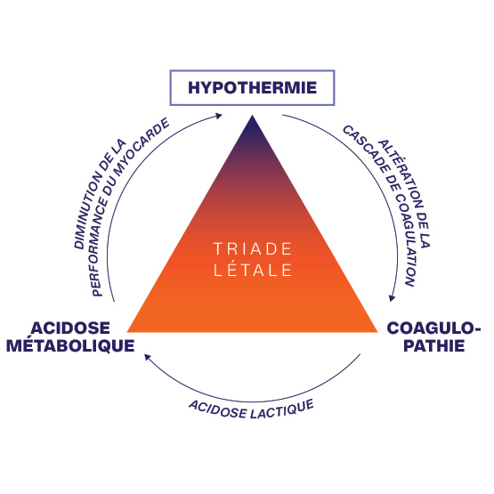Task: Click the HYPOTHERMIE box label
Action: tap(253, 87)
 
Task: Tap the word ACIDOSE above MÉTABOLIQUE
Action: tap(70, 328)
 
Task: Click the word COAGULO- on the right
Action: tap(433, 328)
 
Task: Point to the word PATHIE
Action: tap(434, 345)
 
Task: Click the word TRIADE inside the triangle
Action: tap(253, 249)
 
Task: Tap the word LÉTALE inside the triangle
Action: tap(253, 270)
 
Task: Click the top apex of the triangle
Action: tap(253, 116)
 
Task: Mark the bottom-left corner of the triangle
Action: tap(127, 332)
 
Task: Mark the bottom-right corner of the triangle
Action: tap(377, 332)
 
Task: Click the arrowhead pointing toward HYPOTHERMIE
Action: tap(219, 116)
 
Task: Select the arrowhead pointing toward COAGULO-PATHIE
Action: tap(392, 297)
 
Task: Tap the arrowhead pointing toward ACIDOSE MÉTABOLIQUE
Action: tap(148, 357)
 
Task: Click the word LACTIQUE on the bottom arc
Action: tap(282, 409)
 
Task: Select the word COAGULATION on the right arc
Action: tap(406, 240)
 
